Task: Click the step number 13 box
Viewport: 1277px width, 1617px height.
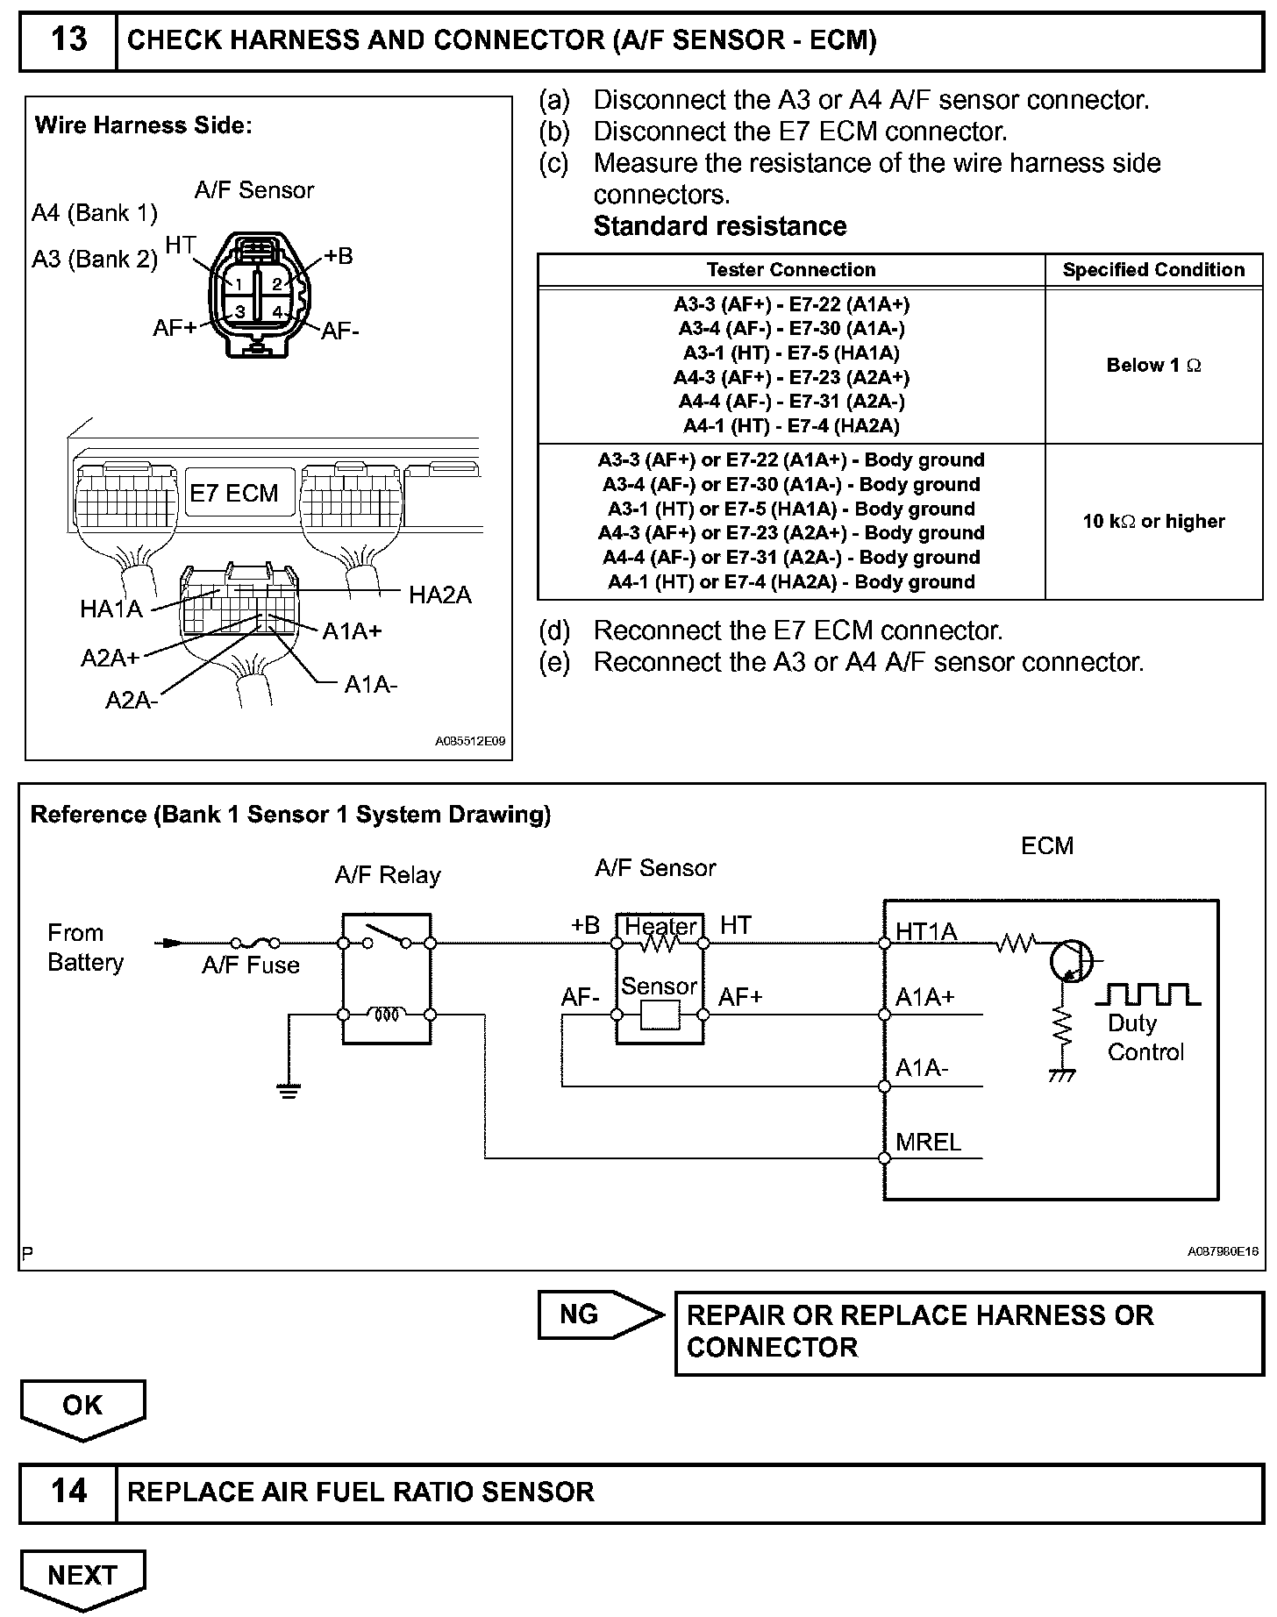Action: (x=68, y=40)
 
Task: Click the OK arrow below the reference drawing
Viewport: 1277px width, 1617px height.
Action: (x=82, y=1407)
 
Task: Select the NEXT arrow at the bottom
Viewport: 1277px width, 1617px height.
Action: (x=82, y=1576)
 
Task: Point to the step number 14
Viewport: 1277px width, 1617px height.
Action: (x=68, y=1492)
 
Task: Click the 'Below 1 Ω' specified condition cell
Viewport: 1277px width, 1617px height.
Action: (x=1153, y=366)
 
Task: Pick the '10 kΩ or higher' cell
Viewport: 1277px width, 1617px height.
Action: (x=1153, y=522)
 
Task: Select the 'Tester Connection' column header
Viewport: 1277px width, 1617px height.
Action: (x=790, y=270)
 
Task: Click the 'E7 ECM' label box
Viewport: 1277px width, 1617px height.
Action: (x=234, y=494)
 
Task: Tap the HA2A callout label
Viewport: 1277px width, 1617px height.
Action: (x=439, y=595)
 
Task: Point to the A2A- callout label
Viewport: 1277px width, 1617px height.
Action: (x=132, y=700)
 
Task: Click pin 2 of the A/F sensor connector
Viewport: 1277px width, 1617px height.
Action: (x=276, y=283)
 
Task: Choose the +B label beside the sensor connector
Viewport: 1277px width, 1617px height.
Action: (x=339, y=256)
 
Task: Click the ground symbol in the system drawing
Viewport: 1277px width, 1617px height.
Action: (x=288, y=1090)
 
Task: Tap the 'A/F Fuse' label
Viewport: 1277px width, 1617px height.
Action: (x=251, y=965)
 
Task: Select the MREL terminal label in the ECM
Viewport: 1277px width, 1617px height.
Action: (x=928, y=1142)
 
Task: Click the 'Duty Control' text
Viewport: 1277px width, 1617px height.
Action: (x=1145, y=1038)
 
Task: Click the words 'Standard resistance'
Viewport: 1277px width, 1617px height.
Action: (x=719, y=226)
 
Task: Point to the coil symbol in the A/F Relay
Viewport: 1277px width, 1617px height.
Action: (x=387, y=1015)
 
